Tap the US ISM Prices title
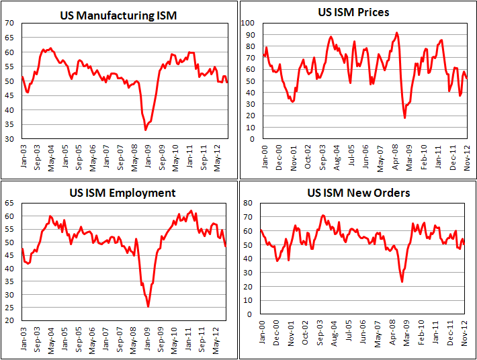point(363,12)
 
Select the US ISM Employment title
point(123,193)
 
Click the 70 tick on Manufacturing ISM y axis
point(10,23)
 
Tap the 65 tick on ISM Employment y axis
point(10,202)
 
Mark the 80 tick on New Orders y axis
point(249,202)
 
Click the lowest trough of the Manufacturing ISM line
point(145,130)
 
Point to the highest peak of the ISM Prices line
point(396,32)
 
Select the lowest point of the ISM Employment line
point(148,306)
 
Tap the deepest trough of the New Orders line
point(402,281)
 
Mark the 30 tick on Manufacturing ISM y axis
point(10,139)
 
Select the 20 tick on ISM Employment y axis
point(10,320)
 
